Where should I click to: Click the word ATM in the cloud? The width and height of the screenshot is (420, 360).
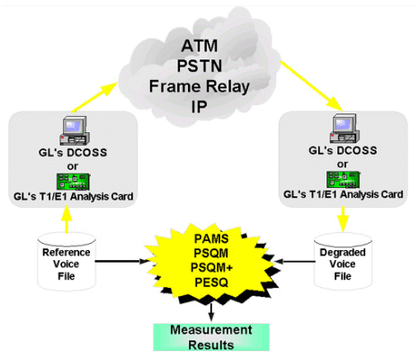pos(200,46)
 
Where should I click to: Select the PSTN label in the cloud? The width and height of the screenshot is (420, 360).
pos(200,66)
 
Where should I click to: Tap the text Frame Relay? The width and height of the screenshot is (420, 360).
pos(200,86)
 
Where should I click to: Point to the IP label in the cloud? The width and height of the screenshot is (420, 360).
pos(200,106)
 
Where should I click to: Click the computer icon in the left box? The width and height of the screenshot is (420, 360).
pos(74,130)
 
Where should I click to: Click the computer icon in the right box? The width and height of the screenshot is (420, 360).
pos(344,128)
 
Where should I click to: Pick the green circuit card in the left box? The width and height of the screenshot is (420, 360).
pos(73,182)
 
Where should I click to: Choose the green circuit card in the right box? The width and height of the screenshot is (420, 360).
pos(343,179)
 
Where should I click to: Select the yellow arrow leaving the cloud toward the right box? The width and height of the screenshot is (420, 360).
pos(311,85)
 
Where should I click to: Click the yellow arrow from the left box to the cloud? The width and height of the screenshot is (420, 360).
pos(94,97)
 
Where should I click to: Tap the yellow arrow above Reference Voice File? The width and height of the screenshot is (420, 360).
pos(67,220)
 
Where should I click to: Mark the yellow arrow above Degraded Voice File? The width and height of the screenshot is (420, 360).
pos(343,219)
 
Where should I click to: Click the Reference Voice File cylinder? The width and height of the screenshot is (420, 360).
pos(67,262)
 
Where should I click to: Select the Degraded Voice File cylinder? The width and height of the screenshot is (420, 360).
pos(343,262)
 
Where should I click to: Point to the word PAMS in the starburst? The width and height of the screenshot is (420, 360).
pos(211,238)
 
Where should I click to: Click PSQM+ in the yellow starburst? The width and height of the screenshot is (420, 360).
pos(211,267)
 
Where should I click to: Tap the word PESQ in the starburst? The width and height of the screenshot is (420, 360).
pos(211,283)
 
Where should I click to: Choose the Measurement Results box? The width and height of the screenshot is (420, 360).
pos(211,337)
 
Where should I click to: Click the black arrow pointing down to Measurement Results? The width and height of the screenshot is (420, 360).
pos(211,312)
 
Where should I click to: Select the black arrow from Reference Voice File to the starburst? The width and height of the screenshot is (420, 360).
pos(122,261)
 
